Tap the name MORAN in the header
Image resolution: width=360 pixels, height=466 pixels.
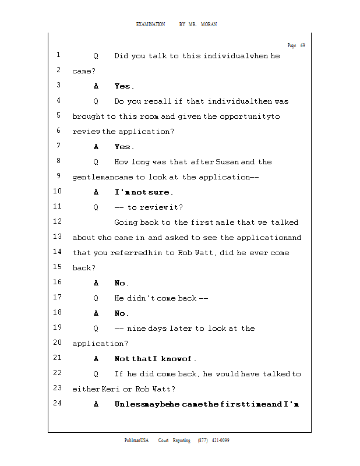coord(209,24)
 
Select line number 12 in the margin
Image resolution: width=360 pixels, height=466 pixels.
coord(57,222)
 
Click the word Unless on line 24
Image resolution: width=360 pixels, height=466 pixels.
coord(129,404)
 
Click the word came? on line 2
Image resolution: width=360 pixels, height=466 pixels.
coord(84,71)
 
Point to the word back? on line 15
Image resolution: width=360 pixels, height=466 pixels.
coord(84,268)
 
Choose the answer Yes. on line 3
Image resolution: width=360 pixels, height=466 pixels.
coord(124,86)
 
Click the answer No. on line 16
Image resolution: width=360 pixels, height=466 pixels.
coord(122,283)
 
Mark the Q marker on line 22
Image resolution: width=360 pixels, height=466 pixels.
coord(96,374)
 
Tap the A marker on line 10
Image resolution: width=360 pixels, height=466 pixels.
coord(96,192)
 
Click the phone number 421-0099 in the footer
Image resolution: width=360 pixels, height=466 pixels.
coord(220,440)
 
